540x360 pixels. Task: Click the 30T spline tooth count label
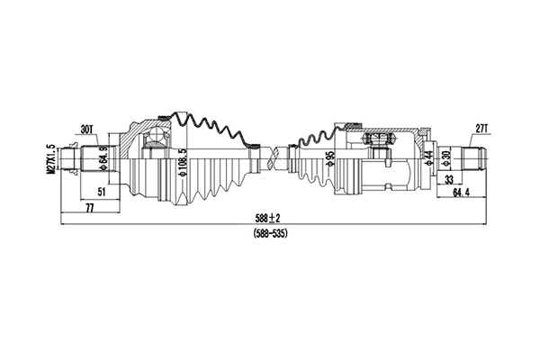click(x=87, y=130)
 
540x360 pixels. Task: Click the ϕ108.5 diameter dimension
click(x=182, y=162)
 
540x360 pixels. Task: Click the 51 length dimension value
click(x=101, y=191)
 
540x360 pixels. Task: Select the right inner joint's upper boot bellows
click(x=315, y=137)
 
